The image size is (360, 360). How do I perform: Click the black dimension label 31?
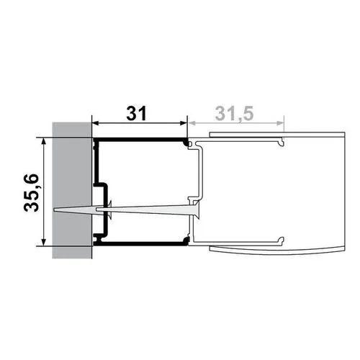tap(136, 113)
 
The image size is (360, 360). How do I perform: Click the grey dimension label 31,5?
tap(234, 113)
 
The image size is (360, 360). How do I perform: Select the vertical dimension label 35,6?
tap(32, 192)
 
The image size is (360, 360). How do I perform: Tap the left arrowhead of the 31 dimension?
tap(96, 123)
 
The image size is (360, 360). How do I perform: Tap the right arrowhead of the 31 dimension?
tap(184, 123)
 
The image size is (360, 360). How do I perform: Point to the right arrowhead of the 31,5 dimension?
tap(280, 123)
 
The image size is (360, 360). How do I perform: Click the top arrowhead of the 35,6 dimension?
tap(43, 141)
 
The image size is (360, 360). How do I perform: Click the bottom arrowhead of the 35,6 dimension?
tap(43, 242)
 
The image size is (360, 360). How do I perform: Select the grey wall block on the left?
tap(72, 190)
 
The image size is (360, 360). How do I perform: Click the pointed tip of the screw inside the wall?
tap(55, 210)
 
